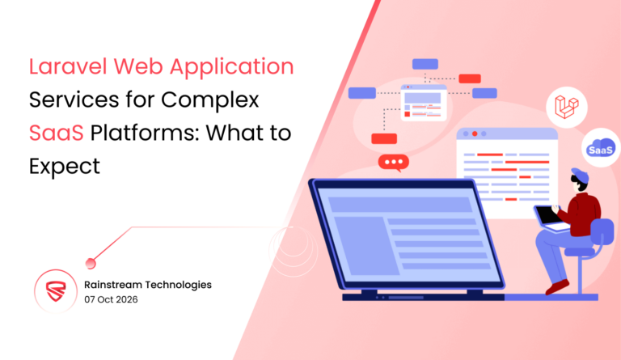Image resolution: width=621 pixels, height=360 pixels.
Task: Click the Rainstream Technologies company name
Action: pyautogui.click(x=147, y=285)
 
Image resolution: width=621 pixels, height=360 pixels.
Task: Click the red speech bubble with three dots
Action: pyautogui.click(x=394, y=163)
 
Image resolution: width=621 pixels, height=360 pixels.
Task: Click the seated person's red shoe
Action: pyautogui.click(x=556, y=286)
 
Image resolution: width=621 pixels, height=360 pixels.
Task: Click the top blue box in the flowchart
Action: pyautogui.click(x=425, y=64)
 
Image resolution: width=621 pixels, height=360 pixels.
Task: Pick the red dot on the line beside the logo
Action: pyautogui.click(x=91, y=261)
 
